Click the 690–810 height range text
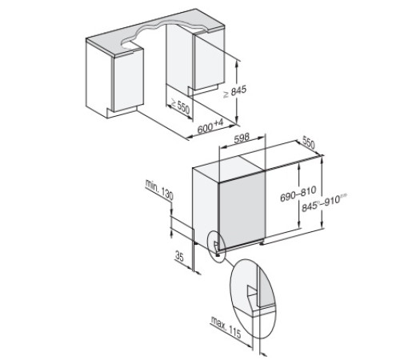(294, 194)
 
